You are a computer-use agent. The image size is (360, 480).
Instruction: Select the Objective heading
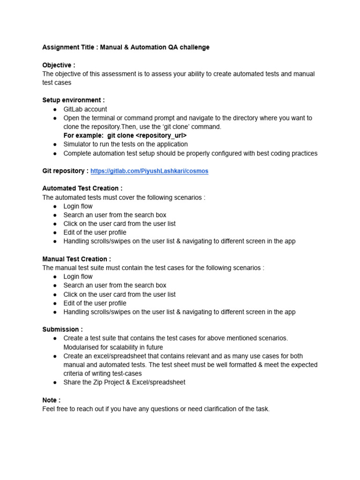click(x=59, y=65)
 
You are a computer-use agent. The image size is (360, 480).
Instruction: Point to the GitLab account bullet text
click(x=85, y=109)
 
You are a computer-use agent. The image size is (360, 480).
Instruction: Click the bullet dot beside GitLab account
click(x=55, y=109)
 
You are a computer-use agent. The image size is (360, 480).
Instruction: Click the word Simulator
click(x=79, y=144)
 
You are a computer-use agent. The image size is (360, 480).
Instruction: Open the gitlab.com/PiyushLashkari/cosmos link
click(x=149, y=171)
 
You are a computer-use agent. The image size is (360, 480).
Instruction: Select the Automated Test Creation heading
click(x=82, y=188)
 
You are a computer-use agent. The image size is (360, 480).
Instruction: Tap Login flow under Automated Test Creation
click(x=78, y=206)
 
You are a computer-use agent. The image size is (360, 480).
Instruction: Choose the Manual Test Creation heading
click(x=76, y=259)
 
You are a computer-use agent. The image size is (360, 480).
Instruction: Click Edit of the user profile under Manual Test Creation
click(x=95, y=303)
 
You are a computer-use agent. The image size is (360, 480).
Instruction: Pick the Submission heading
click(x=62, y=330)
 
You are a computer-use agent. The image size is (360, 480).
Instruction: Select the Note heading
click(x=51, y=400)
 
